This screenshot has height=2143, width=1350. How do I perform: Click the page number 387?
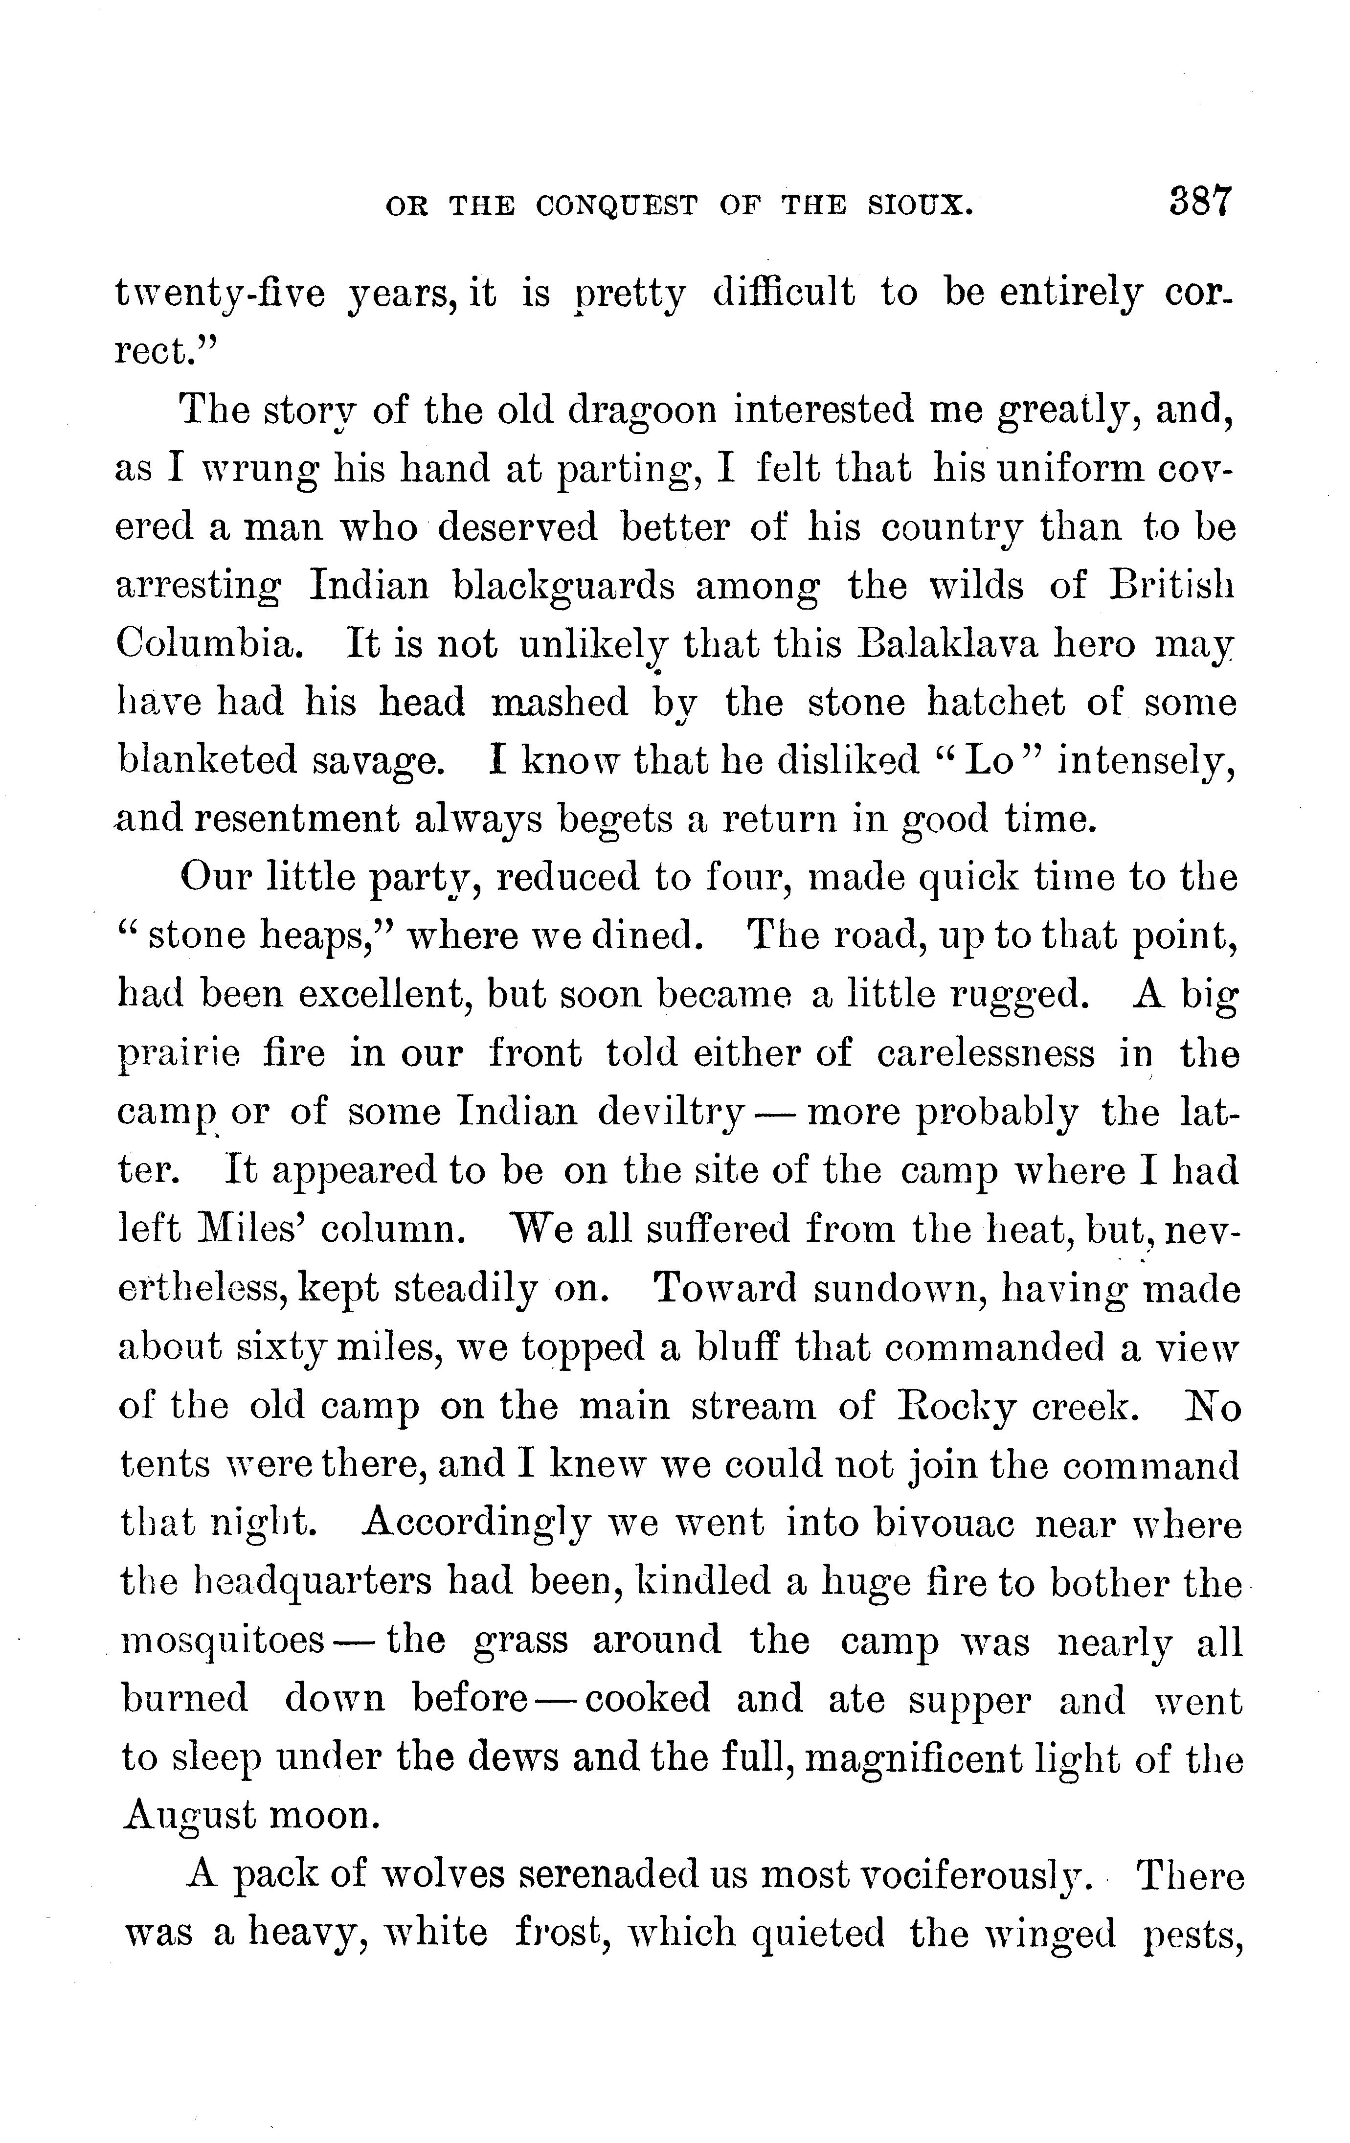(1200, 203)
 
